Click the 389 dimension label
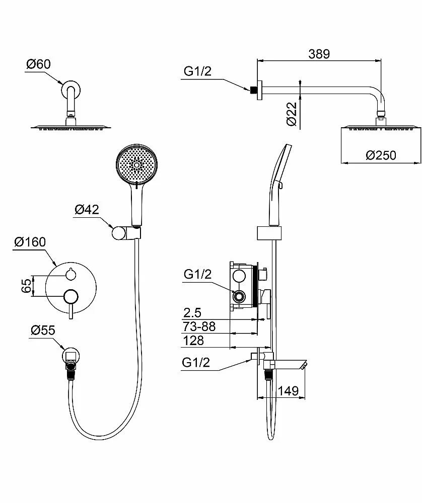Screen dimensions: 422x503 point(319,54)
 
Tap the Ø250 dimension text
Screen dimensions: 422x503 point(381,155)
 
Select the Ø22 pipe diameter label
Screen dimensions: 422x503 point(292,114)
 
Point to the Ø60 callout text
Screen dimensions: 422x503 point(38,64)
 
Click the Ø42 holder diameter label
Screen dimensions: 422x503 point(87,209)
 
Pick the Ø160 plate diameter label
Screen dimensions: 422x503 point(30,242)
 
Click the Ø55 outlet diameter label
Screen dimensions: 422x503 point(43,330)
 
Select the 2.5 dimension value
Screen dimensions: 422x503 point(192,312)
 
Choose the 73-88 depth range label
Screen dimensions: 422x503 point(199,326)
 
